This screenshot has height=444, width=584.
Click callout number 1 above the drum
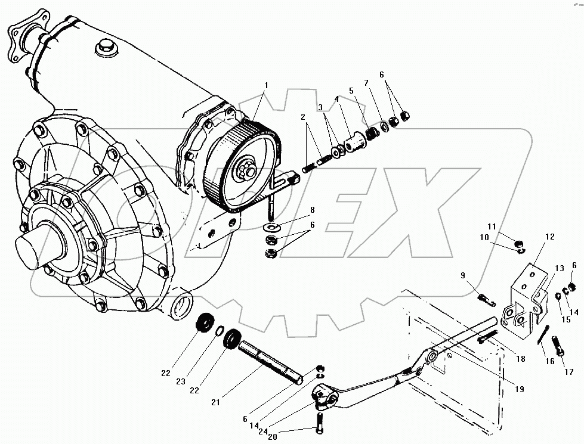coord(266,85)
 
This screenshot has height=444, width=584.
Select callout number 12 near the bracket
coord(549,237)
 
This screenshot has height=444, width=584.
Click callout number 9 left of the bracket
coord(462,275)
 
